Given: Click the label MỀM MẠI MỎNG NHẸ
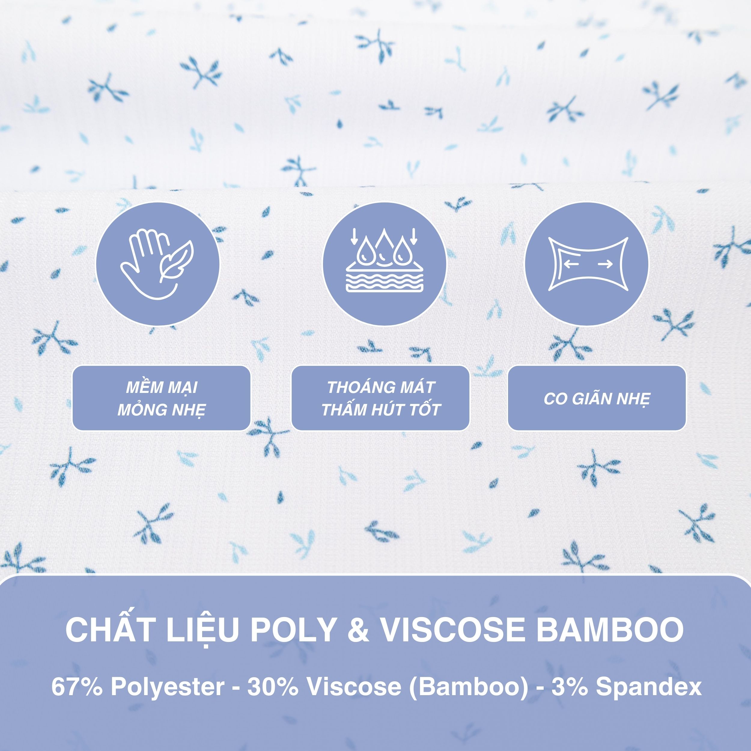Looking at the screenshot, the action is coord(161,398).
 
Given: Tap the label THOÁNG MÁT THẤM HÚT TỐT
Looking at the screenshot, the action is coord(381,398).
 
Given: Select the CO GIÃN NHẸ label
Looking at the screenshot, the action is coord(597,398).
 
